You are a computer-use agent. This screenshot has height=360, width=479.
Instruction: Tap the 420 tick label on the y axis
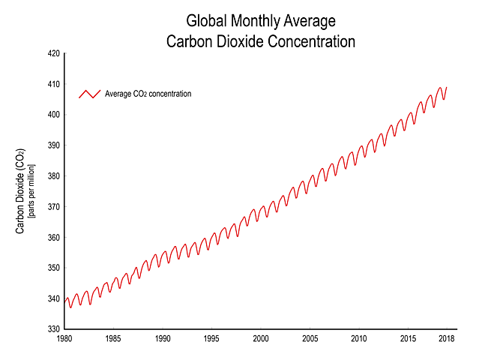click(52, 54)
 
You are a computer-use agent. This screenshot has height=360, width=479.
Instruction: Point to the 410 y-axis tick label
click(52, 84)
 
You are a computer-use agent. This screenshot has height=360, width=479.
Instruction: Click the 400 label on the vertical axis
click(52, 115)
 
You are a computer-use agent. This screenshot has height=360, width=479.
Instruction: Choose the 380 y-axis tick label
click(52, 176)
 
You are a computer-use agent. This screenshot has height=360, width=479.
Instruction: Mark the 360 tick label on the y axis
click(52, 238)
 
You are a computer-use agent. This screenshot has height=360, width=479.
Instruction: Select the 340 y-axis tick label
click(52, 298)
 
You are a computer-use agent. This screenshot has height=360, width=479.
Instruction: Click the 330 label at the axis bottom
click(52, 329)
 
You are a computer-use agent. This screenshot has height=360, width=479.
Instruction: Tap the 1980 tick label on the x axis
click(64, 339)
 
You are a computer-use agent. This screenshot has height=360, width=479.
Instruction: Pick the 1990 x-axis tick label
click(163, 339)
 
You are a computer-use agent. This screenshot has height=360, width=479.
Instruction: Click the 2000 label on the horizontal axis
click(261, 339)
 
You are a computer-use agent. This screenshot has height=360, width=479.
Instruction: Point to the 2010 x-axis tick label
click(359, 339)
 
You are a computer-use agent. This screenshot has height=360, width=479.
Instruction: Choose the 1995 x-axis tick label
click(212, 339)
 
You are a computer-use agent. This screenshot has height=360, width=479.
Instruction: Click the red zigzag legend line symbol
click(89, 94)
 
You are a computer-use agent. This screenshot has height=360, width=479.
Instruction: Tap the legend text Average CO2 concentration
click(148, 94)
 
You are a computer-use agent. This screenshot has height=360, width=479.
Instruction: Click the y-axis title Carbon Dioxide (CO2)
click(22, 191)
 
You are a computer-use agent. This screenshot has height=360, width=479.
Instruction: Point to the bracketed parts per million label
click(32, 191)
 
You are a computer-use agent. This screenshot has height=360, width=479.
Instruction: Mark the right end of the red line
click(447, 88)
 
